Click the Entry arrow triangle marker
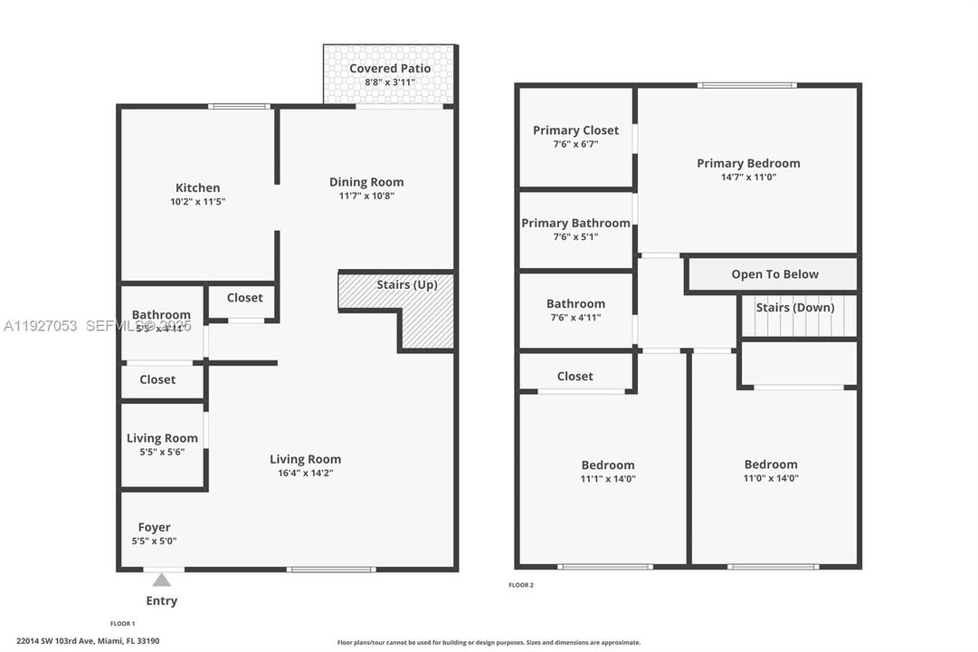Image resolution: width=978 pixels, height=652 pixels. [x=161, y=580]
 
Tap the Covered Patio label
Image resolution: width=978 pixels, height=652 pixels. [x=390, y=69]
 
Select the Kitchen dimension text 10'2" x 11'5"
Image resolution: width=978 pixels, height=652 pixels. [x=197, y=202]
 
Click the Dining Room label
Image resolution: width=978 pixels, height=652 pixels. [x=366, y=182]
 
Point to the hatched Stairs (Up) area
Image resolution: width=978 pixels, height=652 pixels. [x=425, y=317]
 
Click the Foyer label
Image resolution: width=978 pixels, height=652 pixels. [x=154, y=527]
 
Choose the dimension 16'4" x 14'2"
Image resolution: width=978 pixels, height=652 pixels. [x=306, y=473]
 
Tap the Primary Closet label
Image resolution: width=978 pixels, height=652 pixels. [x=575, y=130]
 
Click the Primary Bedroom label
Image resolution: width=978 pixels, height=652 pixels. [x=748, y=164]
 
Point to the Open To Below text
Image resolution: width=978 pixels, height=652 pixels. [x=774, y=274]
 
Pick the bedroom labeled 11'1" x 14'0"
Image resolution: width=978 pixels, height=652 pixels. [x=607, y=471]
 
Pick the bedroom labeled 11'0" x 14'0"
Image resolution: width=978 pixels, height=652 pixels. [x=771, y=471]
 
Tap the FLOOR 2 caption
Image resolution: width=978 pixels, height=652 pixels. [x=521, y=585]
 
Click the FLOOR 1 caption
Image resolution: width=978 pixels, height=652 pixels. [x=122, y=624]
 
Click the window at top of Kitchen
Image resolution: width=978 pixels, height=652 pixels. [x=239, y=107]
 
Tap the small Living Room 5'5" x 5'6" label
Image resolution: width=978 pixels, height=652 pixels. [x=162, y=438]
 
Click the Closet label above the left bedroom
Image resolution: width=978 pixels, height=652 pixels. [x=575, y=377]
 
